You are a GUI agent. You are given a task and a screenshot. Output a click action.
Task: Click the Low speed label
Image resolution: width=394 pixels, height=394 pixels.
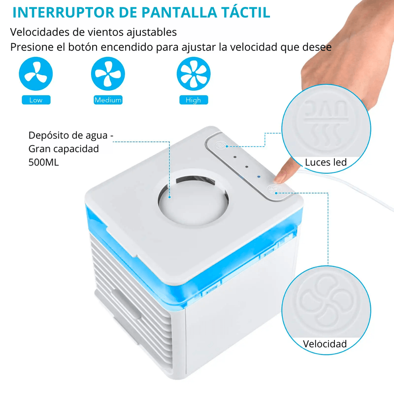(36, 100)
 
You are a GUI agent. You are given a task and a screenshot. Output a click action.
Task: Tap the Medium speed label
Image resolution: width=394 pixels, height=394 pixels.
(108, 100)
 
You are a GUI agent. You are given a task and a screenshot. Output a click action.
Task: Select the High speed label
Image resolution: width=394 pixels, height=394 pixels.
(194, 100)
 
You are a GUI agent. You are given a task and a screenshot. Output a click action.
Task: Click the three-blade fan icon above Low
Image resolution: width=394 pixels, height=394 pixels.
(35, 73)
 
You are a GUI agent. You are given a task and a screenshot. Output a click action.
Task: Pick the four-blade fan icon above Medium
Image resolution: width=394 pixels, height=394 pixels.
(108, 73)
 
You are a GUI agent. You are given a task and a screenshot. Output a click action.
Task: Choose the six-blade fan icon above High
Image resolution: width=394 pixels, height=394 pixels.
(194, 73)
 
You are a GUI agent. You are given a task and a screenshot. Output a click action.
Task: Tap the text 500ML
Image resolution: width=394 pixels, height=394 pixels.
(43, 163)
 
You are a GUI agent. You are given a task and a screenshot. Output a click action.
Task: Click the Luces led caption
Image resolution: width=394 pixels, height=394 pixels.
(326, 163)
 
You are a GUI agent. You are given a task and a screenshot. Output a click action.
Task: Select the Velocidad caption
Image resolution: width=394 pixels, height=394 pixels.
(325, 344)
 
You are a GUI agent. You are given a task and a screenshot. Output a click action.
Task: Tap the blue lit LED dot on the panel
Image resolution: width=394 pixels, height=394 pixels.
(259, 177)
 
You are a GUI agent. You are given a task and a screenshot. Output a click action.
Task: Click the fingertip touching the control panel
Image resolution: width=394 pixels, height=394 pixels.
(281, 178)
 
